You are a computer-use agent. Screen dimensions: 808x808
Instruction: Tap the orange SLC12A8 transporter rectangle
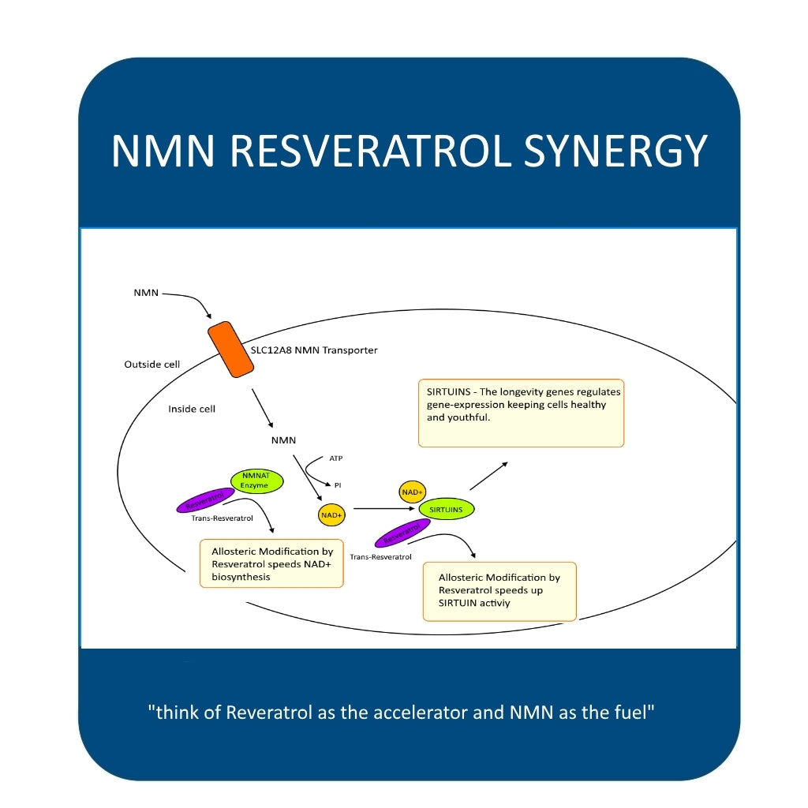pos(230,350)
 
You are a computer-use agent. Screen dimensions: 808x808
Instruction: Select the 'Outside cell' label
pos(152,365)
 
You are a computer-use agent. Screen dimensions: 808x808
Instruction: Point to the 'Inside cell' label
pos(192,410)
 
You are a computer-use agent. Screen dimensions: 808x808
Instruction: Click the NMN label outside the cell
pos(146,293)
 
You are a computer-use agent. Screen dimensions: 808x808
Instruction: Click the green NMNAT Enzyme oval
pos(256,481)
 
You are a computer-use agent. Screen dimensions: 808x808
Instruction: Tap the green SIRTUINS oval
pos(447,510)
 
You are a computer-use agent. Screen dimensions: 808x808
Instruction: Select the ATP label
pos(336,458)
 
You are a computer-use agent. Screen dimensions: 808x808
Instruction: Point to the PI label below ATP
pos(338,485)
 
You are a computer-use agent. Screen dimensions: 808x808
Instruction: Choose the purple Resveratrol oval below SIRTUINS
pos(401,534)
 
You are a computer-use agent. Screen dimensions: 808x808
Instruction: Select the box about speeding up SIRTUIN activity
pos(499,591)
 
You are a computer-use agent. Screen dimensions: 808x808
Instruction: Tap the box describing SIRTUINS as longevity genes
pos(521,413)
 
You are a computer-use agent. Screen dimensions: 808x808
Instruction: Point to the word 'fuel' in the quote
pos(630,713)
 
